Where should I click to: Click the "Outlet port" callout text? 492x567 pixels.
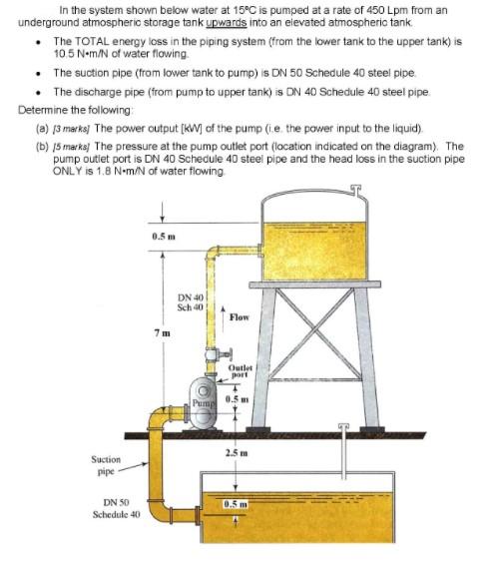pyautogui.click(x=242, y=372)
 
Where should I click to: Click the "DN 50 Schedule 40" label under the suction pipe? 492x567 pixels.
pyautogui.click(x=116, y=508)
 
